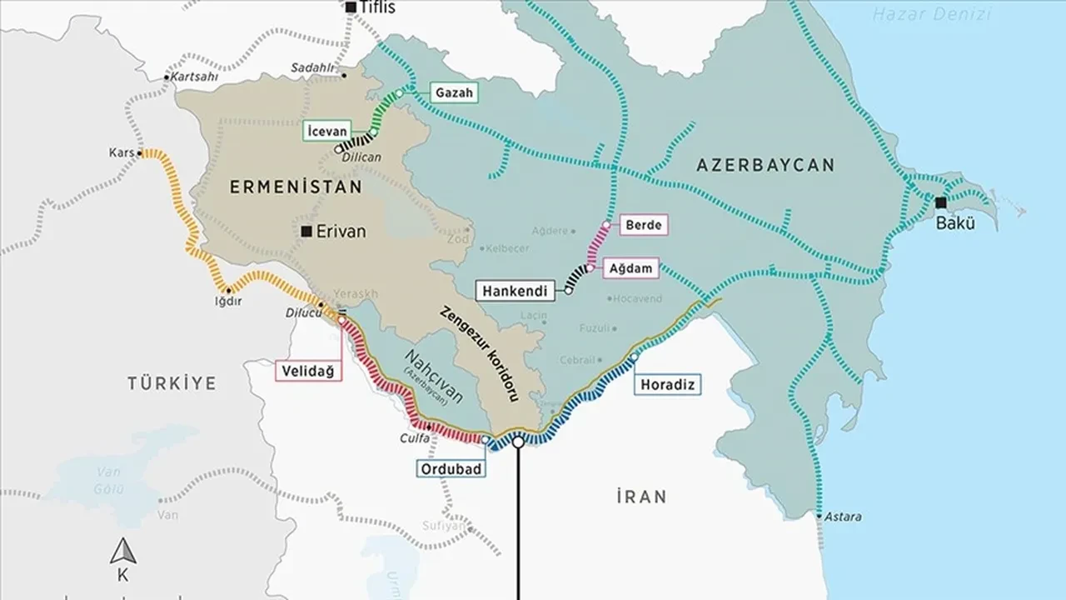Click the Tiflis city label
click(378, 8)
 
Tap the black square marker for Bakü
click(940, 202)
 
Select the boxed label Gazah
click(454, 93)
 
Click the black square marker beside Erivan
click(307, 231)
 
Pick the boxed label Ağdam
click(635, 269)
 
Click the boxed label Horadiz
click(666, 384)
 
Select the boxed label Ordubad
click(450, 468)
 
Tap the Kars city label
click(121, 153)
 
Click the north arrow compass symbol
click(123, 551)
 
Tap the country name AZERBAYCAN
click(765, 165)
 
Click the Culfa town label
click(414, 437)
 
